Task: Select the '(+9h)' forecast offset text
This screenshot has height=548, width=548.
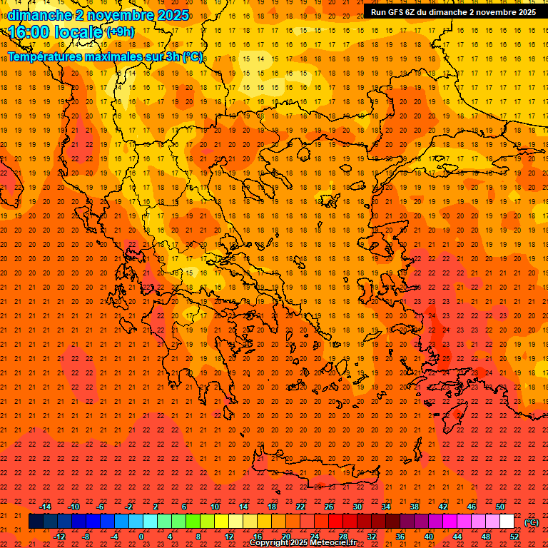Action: (x=119, y=32)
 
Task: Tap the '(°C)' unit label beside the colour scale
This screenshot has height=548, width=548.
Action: (x=532, y=522)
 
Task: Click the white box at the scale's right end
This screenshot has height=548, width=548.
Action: (x=507, y=522)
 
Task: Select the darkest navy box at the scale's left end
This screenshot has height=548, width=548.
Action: (x=36, y=522)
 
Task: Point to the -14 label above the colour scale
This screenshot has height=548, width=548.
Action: (x=45, y=507)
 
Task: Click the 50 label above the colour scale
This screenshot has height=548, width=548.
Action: (x=500, y=507)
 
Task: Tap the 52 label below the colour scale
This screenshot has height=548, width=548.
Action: (x=514, y=537)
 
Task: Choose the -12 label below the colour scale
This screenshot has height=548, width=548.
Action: (x=60, y=537)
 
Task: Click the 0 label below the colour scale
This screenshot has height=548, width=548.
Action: (x=141, y=537)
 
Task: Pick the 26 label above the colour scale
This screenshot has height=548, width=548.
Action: (x=329, y=507)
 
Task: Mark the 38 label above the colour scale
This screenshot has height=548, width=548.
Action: (x=415, y=507)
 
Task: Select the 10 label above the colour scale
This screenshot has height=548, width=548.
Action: (x=215, y=507)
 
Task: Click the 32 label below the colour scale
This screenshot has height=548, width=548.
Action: (x=372, y=537)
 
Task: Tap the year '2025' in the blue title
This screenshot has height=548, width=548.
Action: (x=172, y=15)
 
